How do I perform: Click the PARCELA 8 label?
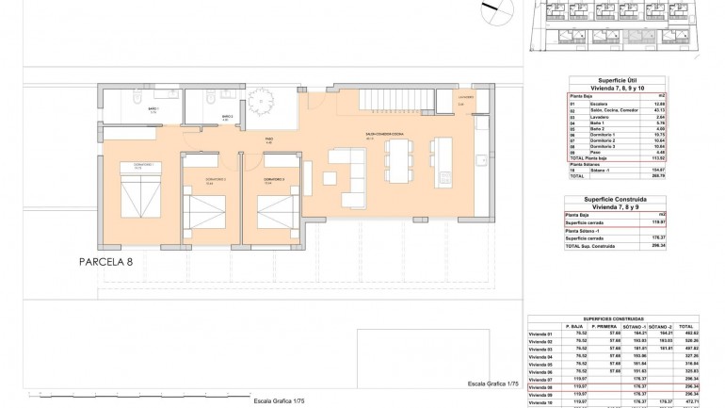[117, 263]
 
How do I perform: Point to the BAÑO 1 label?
[153, 110]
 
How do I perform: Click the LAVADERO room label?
[467, 97]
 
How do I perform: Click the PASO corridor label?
[268, 139]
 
